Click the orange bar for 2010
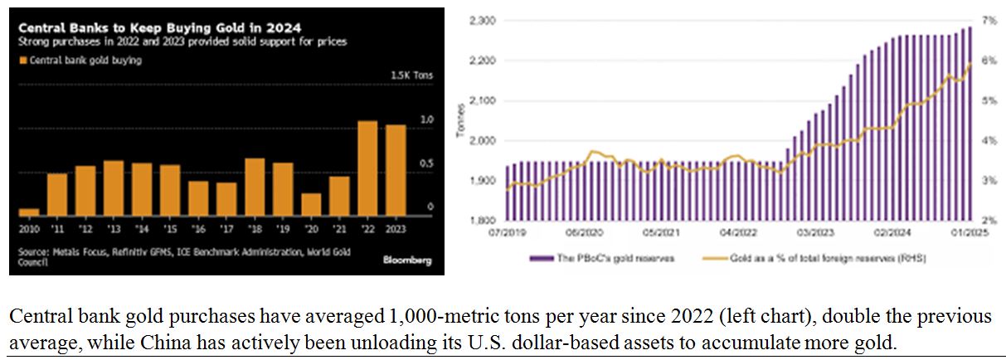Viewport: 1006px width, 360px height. [29, 212]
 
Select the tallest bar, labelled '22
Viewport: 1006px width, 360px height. [367, 168]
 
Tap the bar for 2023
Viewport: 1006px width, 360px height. [396, 170]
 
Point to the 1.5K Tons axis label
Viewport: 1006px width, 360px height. [411, 75]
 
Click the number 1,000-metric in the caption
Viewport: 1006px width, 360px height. [427, 317]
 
